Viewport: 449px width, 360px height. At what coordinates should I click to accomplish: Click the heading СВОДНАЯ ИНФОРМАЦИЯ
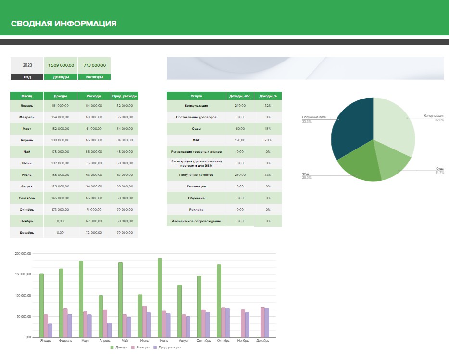click(63, 24)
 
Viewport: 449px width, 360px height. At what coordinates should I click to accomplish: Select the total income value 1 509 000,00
click(61, 65)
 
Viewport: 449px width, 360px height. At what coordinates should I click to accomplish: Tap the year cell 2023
click(27, 65)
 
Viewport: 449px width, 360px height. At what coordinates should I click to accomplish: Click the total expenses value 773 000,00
click(94, 65)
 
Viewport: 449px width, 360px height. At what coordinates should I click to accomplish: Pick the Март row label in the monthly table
click(27, 128)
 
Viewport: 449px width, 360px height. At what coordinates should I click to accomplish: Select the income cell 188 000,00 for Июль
click(61, 174)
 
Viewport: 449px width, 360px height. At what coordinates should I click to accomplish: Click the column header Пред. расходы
click(125, 96)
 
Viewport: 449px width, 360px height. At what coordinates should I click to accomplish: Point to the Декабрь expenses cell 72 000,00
click(94, 232)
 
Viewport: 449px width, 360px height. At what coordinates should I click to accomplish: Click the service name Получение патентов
click(196, 174)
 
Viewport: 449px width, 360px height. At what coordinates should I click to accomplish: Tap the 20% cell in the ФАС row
click(268, 140)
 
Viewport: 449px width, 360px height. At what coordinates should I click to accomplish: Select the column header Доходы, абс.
click(240, 96)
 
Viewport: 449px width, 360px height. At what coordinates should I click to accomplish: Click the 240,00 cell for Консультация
click(240, 105)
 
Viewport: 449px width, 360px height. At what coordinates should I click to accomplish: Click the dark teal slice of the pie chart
click(353, 130)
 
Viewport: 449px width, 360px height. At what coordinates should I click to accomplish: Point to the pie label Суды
click(439, 169)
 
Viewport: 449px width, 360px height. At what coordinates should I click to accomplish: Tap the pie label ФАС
click(306, 174)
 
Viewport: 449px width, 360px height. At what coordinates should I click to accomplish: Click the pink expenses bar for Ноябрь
click(243, 323)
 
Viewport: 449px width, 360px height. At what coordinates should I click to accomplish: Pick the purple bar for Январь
click(50, 330)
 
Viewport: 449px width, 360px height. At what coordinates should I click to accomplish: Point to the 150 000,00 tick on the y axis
click(23, 274)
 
